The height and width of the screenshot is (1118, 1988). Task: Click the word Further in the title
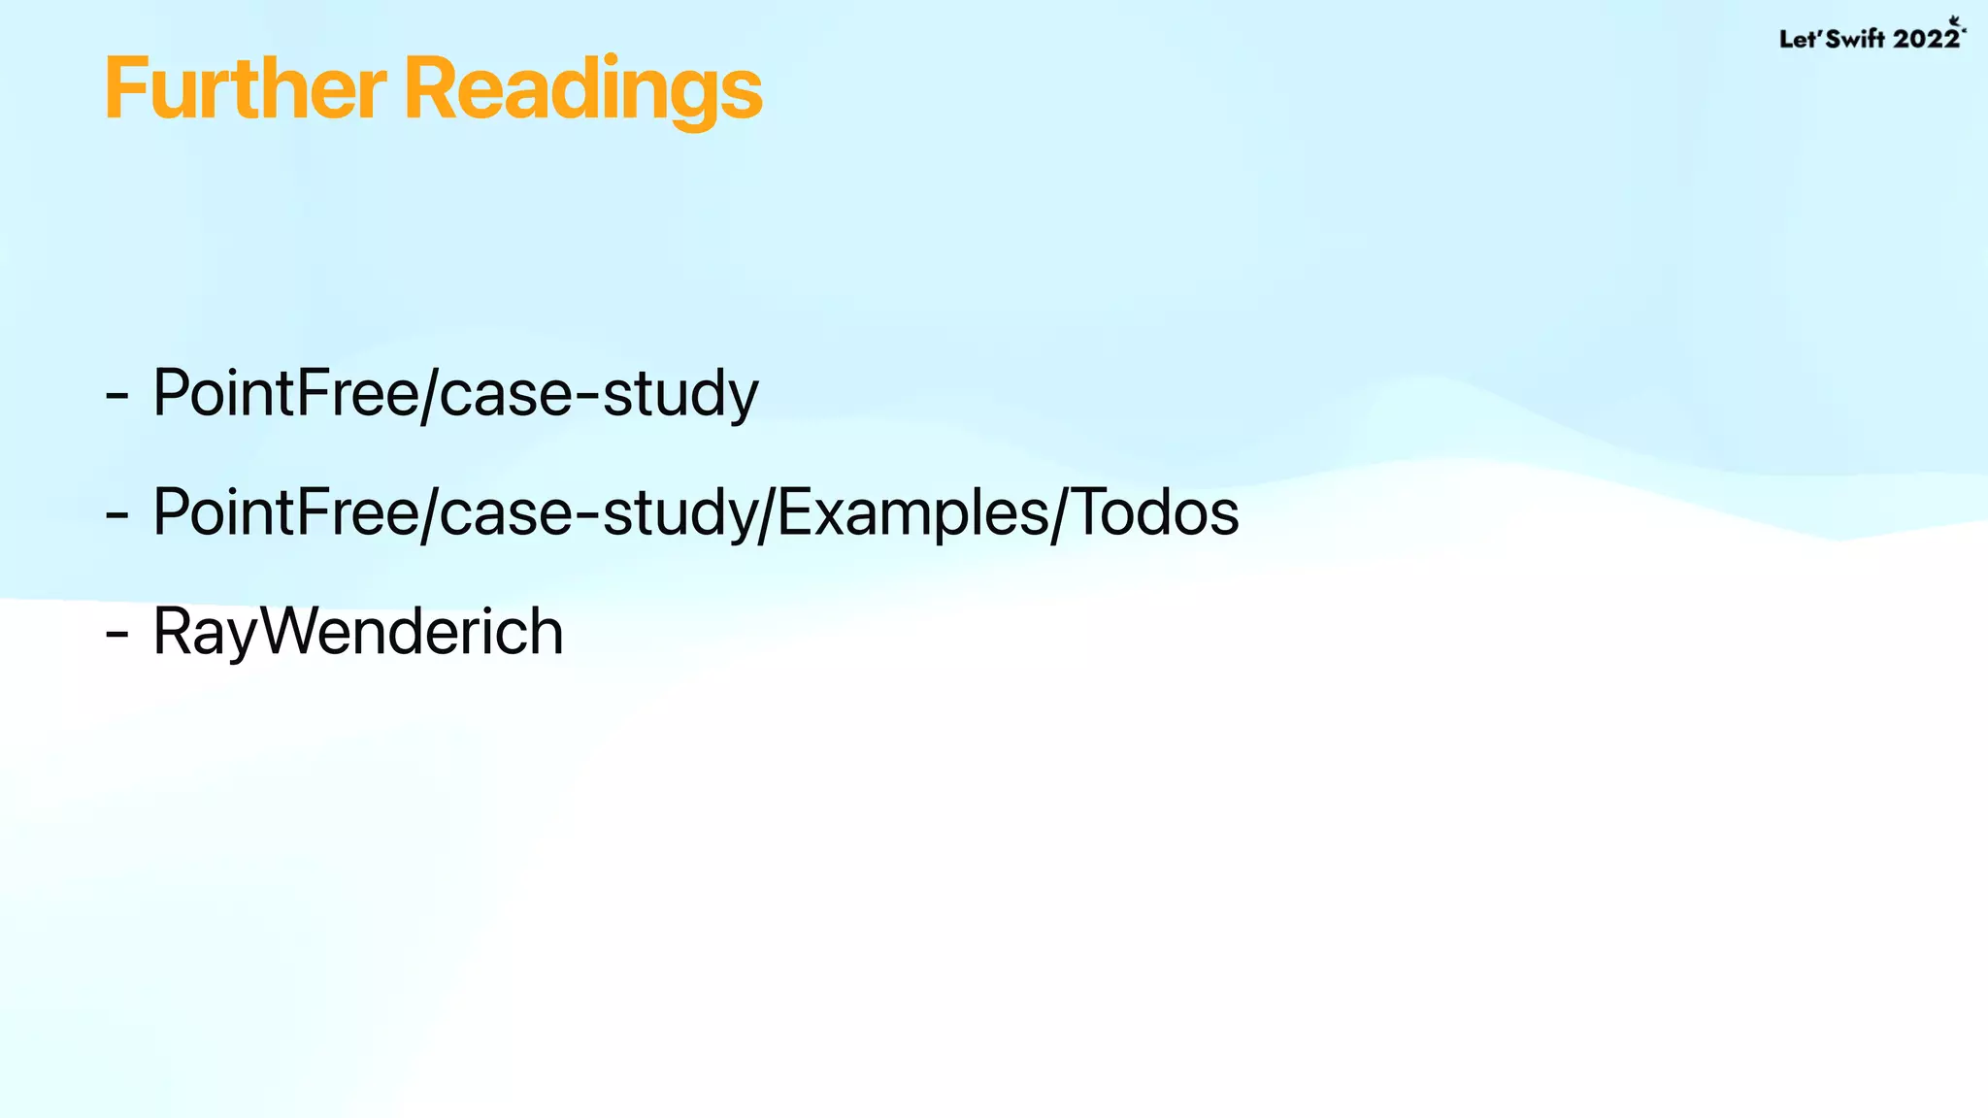[245, 89]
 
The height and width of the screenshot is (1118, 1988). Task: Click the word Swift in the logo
[1855, 39]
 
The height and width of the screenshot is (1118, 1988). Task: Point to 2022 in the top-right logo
[1926, 39]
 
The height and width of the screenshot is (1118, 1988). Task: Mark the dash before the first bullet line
[116, 396]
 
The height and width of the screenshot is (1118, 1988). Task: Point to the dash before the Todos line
[116, 515]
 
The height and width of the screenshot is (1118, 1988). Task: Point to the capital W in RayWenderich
[295, 631]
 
